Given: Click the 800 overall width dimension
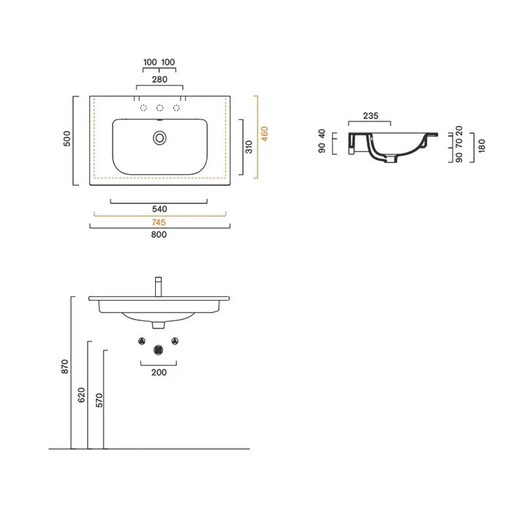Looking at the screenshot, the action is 159,235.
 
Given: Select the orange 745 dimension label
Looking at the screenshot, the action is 159,222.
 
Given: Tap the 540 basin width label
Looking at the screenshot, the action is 159,209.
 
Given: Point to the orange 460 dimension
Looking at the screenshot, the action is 265,134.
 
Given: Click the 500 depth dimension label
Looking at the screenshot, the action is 67,138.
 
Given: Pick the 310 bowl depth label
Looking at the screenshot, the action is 249,147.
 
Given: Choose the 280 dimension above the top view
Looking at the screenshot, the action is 159,79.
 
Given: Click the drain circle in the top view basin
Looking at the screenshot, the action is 159,138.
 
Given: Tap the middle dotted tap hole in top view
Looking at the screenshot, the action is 159,108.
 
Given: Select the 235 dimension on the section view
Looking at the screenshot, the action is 371,116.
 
